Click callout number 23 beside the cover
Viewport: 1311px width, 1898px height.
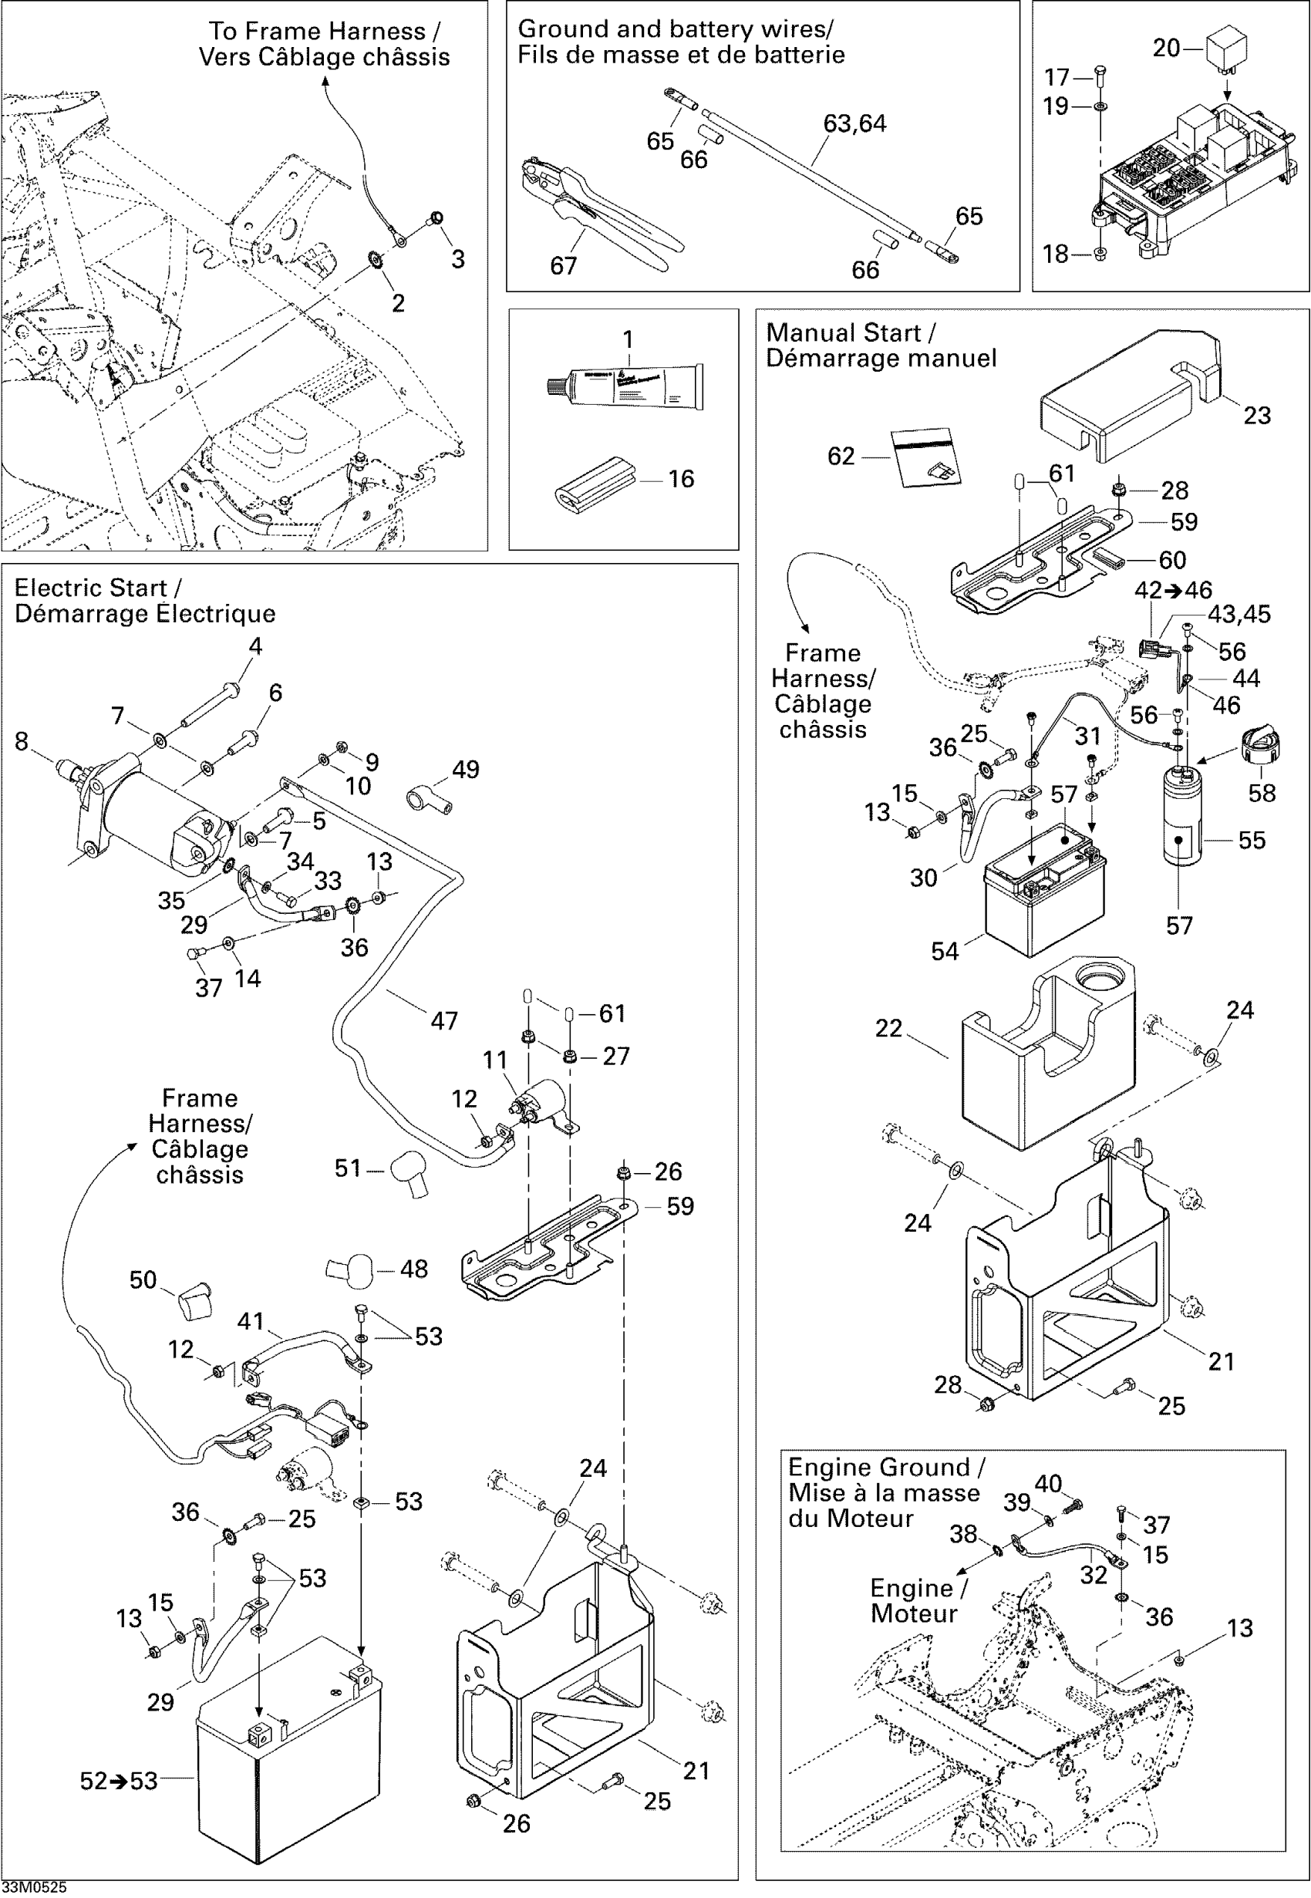point(1256,416)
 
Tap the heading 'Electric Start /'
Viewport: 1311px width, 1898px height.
point(98,588)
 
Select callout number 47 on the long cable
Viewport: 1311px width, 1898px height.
point(443,1021)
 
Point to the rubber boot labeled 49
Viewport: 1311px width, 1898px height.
point(430,799)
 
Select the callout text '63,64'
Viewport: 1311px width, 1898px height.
point(854,124)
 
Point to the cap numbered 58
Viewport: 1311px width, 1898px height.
point(1258,745)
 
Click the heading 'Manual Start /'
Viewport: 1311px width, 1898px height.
point(850,333)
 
